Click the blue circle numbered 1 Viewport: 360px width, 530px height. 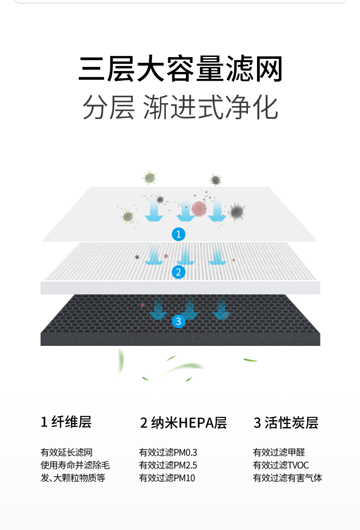[x=178, y=234]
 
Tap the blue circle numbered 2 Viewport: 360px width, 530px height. [x=178, y=272]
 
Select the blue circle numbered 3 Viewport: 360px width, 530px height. [x=178, y=321]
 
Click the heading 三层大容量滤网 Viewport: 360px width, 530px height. [x=180, y=69]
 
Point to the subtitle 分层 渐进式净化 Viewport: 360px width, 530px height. [x=180, y=108]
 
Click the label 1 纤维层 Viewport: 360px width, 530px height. [x=66, y=422]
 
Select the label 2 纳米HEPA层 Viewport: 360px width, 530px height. [x=183, y=423]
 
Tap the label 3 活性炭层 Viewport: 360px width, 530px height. [x=286, y=423]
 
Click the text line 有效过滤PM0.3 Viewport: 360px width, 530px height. [x=168, y=453]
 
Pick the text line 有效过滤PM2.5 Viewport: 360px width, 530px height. [x=168, y=465]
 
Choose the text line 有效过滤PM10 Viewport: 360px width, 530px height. [x=167, y=478]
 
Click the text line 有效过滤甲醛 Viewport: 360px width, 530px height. [x=279, y=453]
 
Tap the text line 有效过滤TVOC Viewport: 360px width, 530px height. [x=281, y=465]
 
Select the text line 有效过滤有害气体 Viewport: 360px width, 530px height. [x=288, y=478]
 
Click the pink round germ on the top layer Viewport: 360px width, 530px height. [x=199, y=208]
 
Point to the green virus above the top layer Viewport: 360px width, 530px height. [x=149, y=178]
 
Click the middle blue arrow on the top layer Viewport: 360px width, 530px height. [x=186, y=211]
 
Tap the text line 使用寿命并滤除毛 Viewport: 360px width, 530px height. [x=75, y=465]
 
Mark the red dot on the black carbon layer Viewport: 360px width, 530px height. [x=143, y=305]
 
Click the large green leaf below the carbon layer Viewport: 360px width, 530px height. [x=187, y=367]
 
